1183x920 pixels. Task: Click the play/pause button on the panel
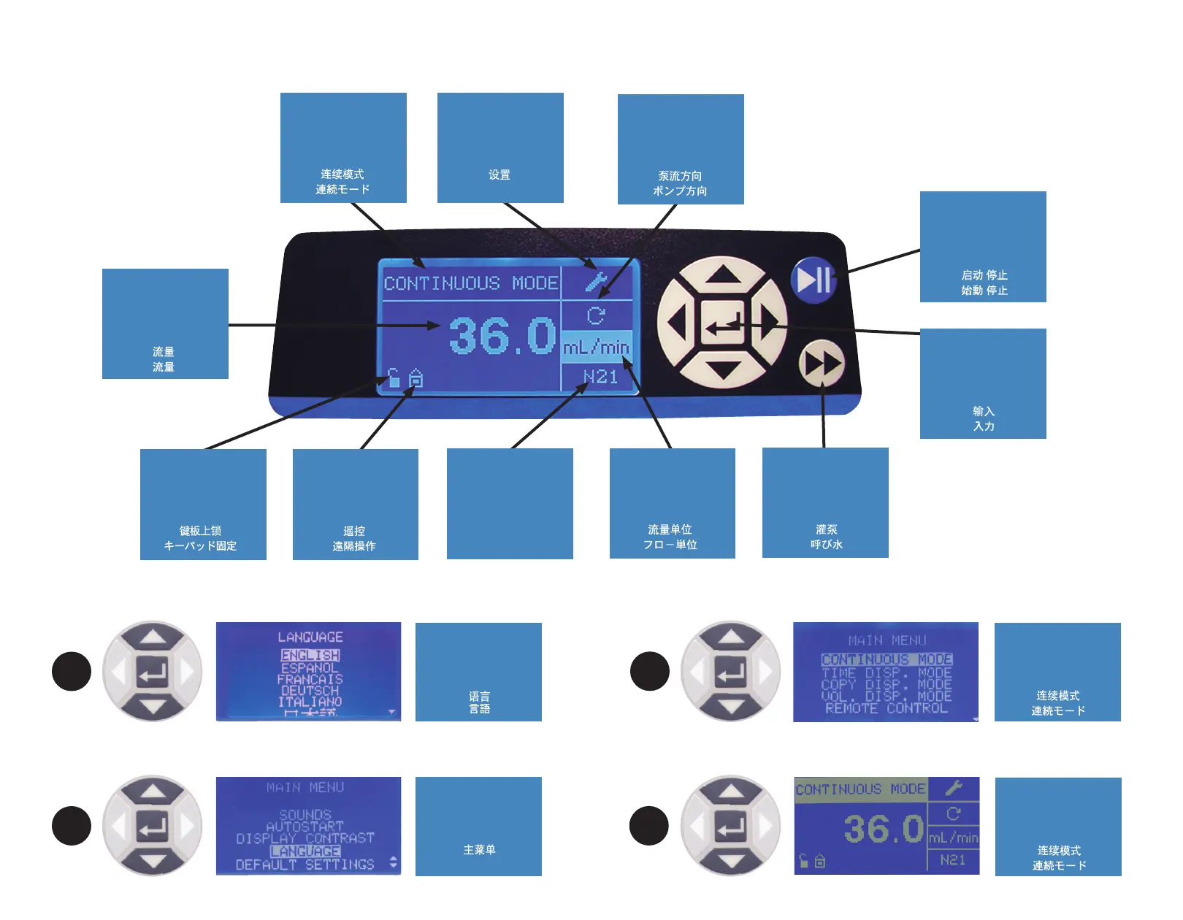click(x=813, y=279)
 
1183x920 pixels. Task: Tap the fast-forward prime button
click(x=822, y=364)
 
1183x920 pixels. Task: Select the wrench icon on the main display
click(x=596, y=281)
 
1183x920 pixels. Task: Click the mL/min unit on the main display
click(x=596, y=348)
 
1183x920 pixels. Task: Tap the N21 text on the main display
click(x=600, y=377)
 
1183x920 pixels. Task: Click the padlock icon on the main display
click(x=394, y=377)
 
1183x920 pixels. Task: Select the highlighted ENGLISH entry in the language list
click(x=310, y=656)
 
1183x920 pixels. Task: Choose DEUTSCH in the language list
click(x=310, y=690)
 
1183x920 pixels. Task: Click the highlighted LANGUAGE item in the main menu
click(x=305, y=851)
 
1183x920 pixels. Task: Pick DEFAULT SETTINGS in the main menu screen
click(x=305, y=865)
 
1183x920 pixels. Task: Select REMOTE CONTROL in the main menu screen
click(x=886, y=708)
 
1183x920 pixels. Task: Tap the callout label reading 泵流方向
click(x=681, y=149)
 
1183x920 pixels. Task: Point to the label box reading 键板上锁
click(x=203, y=504)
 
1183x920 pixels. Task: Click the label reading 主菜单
click(x=478, y=827)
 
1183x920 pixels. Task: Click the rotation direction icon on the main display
click(x=596, y=315)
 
